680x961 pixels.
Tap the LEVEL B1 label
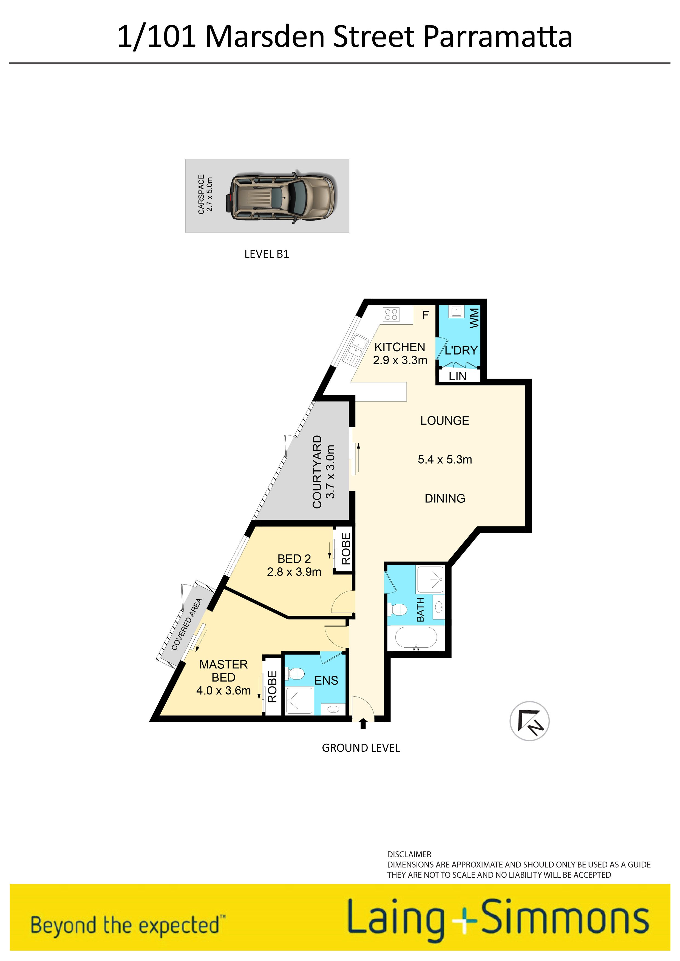(x=267, y=254)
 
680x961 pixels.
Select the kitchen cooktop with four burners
(x=391, y=314)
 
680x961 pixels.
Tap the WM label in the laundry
(x=474, y=318)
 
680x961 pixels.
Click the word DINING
(x=445, y=499)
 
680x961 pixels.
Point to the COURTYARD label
(x=317, y=472)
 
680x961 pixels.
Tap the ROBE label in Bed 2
(x=346, y=549)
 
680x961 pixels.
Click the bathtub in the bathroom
(x=416, y=637)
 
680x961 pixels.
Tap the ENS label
(x=326, y=680)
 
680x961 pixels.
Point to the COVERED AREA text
(x=187, y=625)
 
